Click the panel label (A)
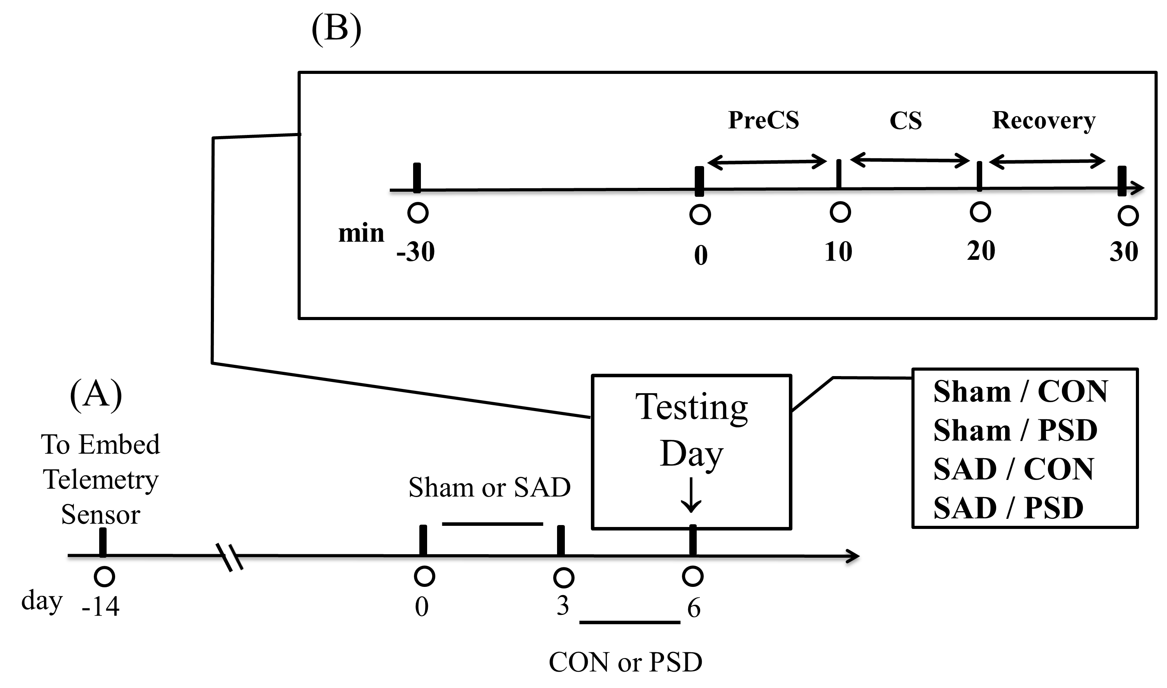96,394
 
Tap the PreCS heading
764,120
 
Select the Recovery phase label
1044,121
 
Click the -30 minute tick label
415,252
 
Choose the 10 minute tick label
838,252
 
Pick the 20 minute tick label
981,251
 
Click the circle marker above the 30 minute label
1128,216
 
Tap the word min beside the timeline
361,233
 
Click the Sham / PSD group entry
1015,430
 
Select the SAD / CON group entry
1013,469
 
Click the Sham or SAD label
489,488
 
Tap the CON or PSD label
625,662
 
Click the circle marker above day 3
563,578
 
